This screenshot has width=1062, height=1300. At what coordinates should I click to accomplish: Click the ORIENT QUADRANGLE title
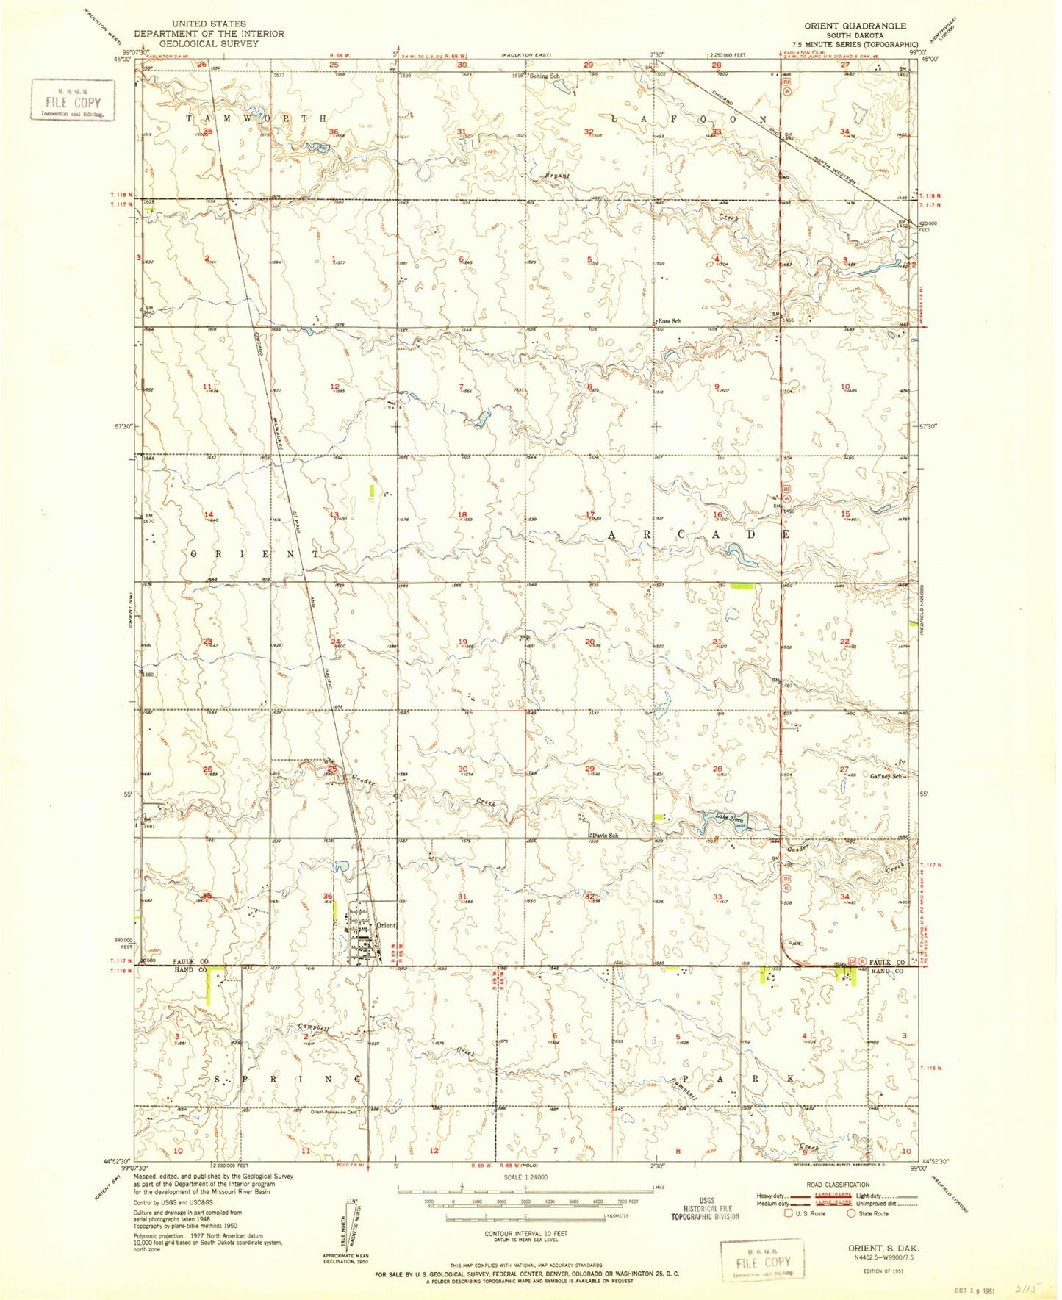[x=855, y=26]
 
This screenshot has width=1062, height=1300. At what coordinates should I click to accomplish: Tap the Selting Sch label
[x=545, y=76]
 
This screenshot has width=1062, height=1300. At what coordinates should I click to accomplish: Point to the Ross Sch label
[x=670, y=321]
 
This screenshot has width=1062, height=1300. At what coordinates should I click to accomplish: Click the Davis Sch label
[x=603, y=836]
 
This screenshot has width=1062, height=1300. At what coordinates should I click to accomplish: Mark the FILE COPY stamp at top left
[x=73, y=100]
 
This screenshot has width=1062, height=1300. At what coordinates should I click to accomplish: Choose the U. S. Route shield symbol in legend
[x=789, y=1213]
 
